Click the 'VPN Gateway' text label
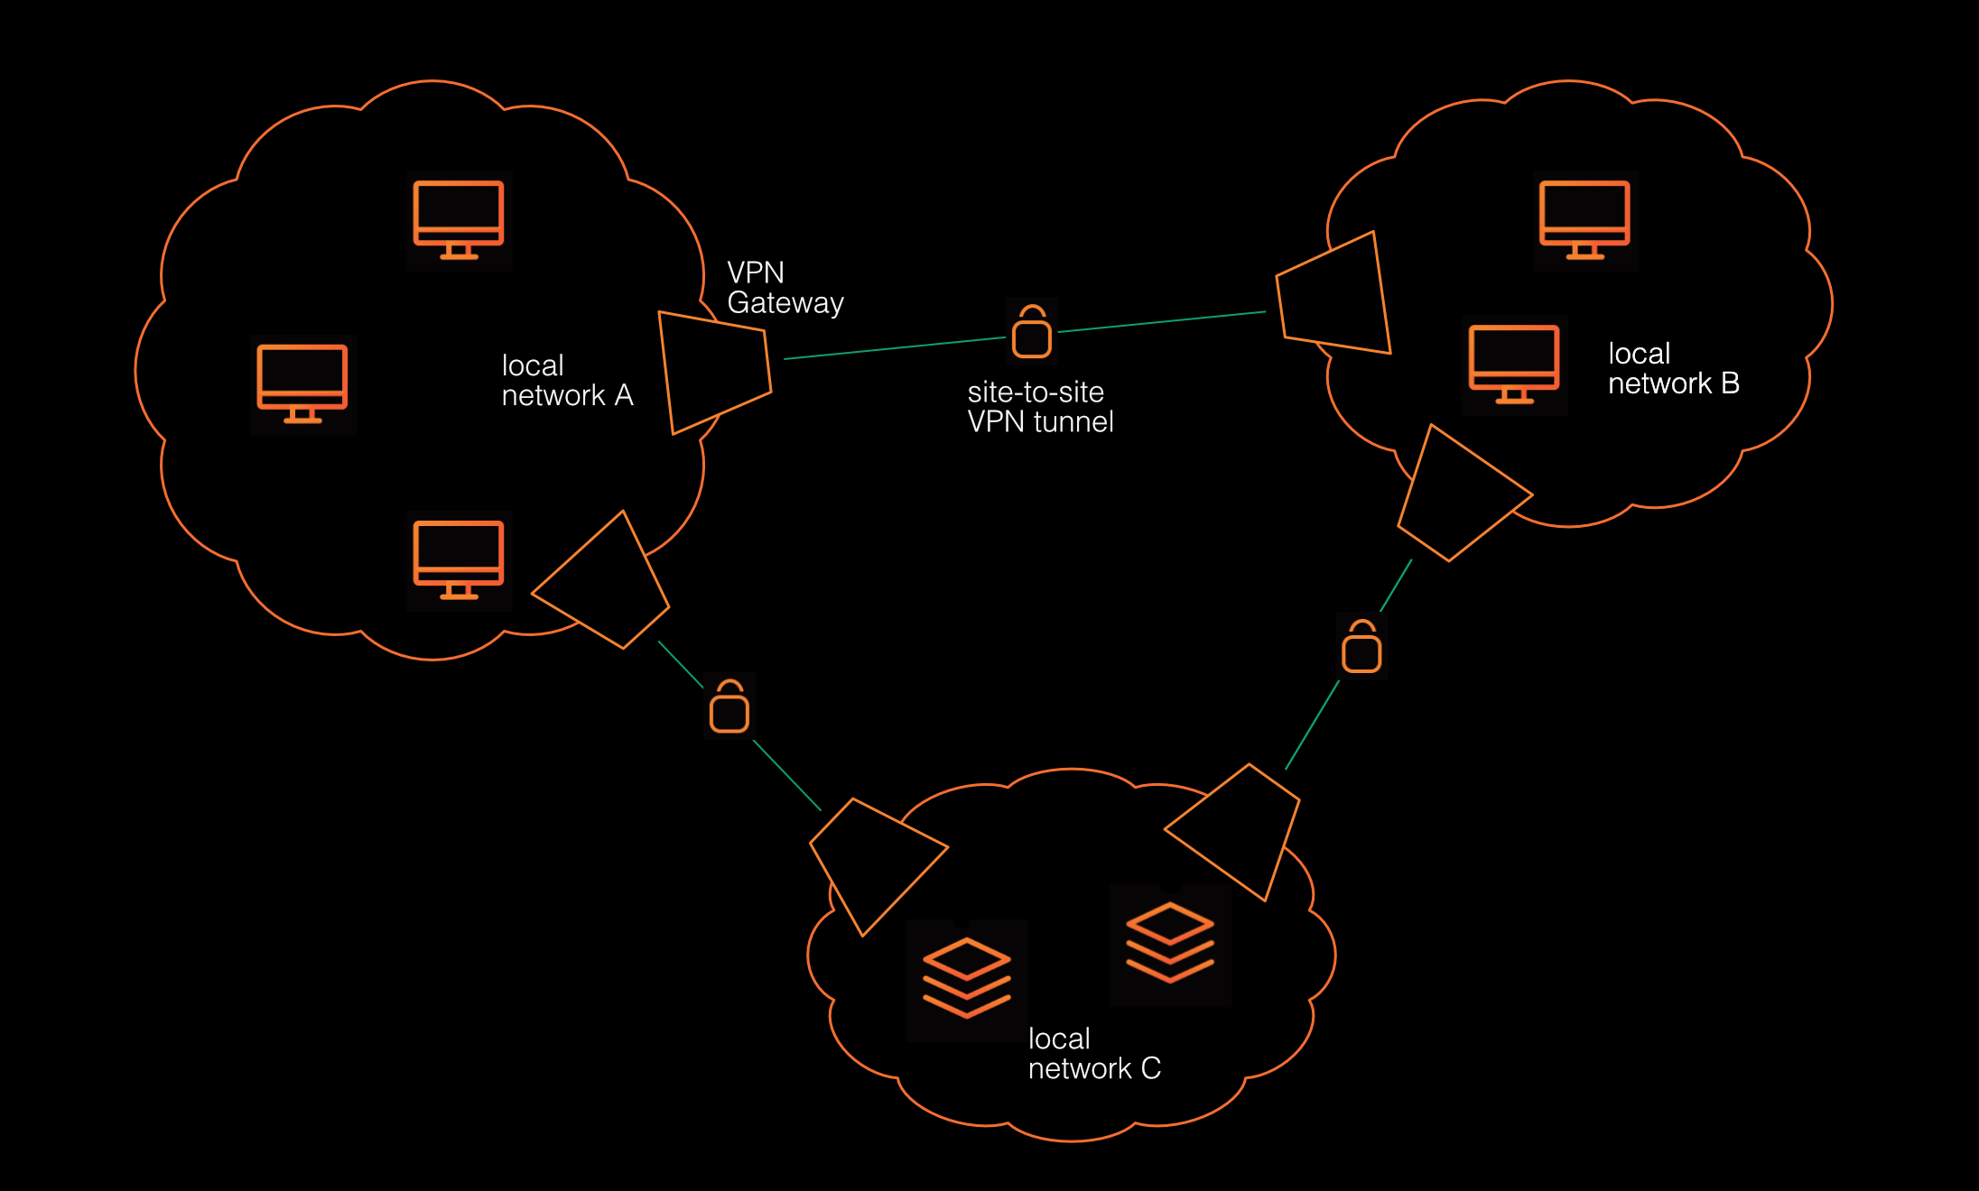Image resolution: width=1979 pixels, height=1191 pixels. click(785, 288)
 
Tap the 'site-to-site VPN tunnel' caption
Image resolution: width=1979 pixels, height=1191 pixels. click(1039, 407)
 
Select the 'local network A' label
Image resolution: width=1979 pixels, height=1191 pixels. click(566, 380)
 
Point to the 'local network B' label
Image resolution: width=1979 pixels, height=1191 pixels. click(1672, 368)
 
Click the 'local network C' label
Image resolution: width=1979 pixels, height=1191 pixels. click(1093, 1053)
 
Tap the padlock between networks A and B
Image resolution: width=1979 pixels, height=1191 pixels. click(1031, 332)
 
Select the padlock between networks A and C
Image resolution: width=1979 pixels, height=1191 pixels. click(729, 706)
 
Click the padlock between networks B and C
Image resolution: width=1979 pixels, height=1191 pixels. click(1361, 646)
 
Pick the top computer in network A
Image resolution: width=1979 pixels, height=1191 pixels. click(459, 220)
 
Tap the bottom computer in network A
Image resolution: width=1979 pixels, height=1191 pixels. click(459, 560)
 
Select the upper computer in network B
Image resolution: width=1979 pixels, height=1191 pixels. click(1584, 220)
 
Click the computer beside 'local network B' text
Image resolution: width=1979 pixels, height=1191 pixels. click(1514, 365)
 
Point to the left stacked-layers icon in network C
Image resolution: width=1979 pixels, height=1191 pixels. click(966, 978)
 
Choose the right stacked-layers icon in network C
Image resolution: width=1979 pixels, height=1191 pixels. click(1170, 942)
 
